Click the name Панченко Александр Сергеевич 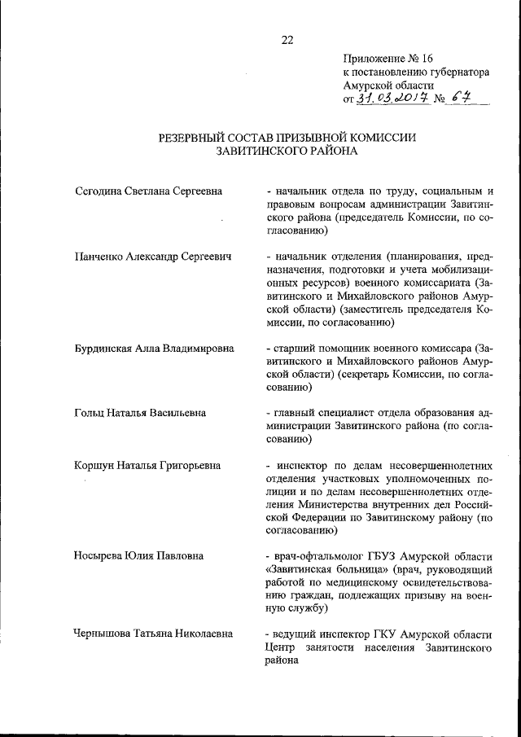tap(151, 257)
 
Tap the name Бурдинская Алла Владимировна tap(153, 348)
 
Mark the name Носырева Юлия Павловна tap(138, 556)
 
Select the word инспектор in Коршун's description tap(302, 465)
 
